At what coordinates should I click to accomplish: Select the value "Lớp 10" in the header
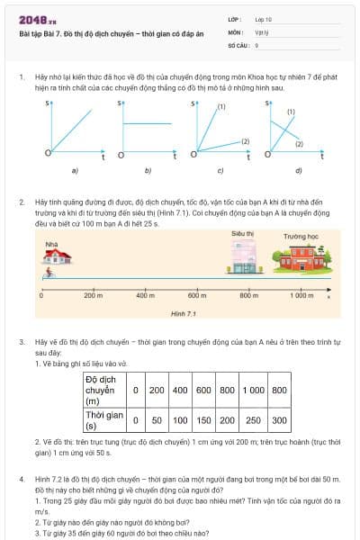[265, 19]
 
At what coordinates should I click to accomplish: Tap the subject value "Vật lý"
[262, 31]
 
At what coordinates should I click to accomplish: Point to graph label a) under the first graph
[75, 170]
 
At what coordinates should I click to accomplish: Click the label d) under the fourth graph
[298, 170]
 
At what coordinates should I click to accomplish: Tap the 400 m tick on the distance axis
[145, 295]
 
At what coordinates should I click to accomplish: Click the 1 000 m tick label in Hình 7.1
[301, 295]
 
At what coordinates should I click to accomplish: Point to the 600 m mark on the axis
[197, 295]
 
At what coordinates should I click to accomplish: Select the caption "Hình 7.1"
[184, 313]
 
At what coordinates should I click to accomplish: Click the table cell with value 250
[253, 419]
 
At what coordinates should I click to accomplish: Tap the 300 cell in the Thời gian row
[280, 419]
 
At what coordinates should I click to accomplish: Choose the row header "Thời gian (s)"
[102, 419]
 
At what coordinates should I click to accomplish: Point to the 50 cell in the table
[157, 419]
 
